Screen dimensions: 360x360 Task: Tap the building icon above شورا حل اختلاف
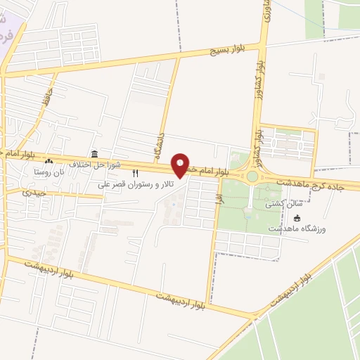click(94, 154)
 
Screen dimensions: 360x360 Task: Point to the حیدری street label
click(34, 191)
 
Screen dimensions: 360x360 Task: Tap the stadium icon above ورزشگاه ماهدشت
click(297, 218)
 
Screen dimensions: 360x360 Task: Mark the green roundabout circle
click(251, 176)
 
